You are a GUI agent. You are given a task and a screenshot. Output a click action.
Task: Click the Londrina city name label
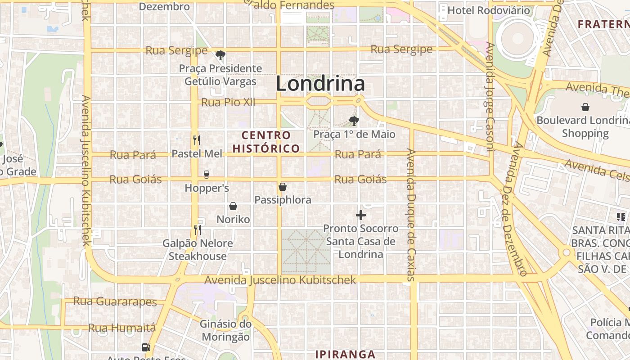[320, 84]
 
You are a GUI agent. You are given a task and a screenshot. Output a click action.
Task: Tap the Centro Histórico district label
[266, 142]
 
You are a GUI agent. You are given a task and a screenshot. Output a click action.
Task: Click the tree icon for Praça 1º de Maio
[354, 121]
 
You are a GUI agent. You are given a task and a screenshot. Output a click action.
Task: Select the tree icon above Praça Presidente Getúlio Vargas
[220, 55]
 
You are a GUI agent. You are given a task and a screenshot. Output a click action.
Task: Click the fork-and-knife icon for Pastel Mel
[196, 140]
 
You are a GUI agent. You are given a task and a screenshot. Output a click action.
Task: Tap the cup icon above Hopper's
[207, 174]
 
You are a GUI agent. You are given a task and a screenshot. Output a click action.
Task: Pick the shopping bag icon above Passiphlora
[283, 187]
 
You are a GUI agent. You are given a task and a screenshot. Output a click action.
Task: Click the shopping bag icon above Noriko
[233, 206]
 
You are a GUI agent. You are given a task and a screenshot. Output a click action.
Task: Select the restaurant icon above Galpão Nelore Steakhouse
[197, 230]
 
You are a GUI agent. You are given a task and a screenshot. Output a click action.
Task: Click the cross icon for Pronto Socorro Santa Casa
[361, 216]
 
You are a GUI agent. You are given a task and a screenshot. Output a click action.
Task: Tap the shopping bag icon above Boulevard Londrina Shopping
[585, 107]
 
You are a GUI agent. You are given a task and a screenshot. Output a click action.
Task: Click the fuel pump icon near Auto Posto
[146, 347]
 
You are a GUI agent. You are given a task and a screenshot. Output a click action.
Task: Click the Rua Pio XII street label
[228, 102]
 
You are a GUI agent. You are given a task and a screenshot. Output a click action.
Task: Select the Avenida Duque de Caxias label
[410, 215]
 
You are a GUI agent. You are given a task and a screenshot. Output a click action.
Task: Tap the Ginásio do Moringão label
[225, 330]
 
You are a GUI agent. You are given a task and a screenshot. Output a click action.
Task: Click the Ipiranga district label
[345, 354]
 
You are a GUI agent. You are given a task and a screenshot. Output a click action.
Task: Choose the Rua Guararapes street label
[115, 301]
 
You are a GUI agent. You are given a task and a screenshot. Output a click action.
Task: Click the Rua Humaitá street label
[122, 328]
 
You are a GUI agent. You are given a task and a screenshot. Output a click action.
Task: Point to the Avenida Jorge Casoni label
[490, 97]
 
